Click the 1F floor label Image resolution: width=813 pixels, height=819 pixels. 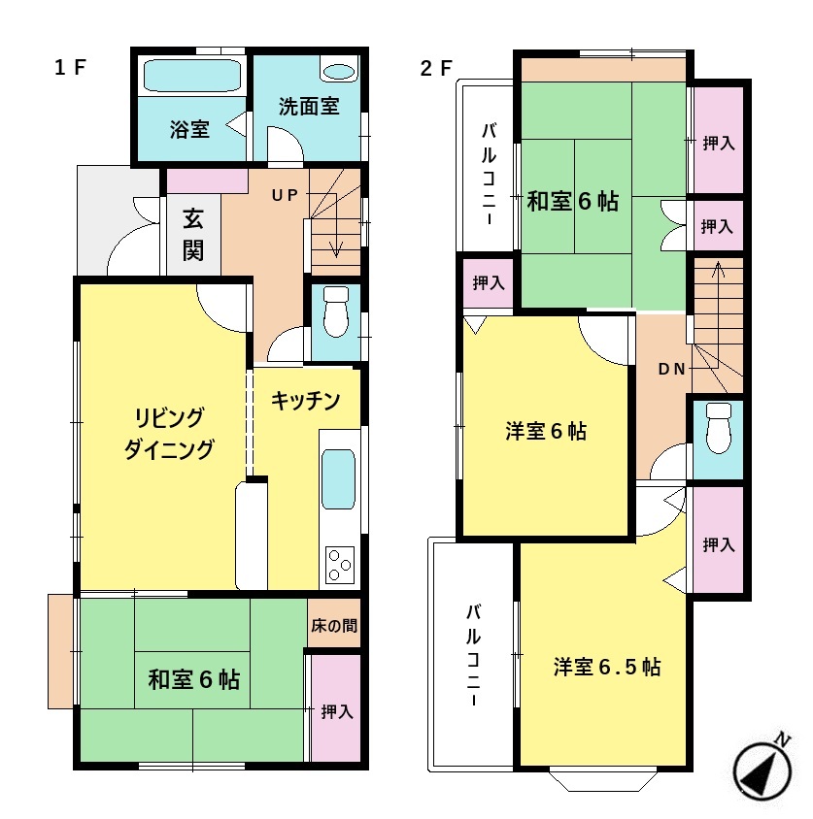point(70,67)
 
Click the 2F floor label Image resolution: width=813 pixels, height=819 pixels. point(436,68)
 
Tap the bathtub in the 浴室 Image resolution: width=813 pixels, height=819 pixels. point(192,76)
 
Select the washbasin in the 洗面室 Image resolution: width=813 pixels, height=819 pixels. point(339,72)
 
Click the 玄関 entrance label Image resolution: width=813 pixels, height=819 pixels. point(193,235)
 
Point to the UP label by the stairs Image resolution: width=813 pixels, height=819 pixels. point(285,195)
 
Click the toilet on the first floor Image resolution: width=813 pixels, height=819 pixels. point(336,311)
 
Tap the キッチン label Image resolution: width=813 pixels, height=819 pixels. point(306,400)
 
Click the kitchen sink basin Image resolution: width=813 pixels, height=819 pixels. point(338,479)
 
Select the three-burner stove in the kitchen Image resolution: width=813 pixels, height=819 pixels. point(340,565)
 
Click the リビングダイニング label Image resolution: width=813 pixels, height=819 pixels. point(169,433)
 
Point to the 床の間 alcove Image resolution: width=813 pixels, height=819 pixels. point(333,624)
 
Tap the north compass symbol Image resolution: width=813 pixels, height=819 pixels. point(762,770)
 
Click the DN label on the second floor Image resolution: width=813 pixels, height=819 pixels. point(672,369)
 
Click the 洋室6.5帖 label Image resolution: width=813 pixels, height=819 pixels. point(607,667)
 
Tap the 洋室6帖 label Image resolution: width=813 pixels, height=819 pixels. point(546,432)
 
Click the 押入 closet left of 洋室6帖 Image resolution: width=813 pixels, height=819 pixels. point(488,282)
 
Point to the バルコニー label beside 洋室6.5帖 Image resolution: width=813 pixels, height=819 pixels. point(474,655)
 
